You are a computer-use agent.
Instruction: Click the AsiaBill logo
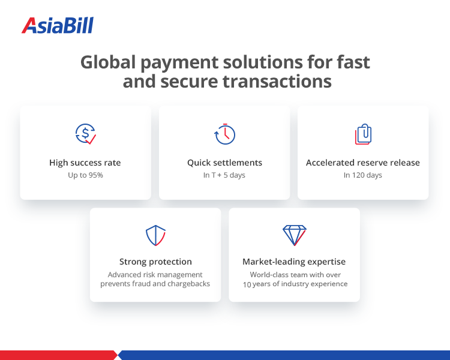tap(58, 25)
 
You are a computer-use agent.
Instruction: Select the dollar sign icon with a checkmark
tap(85, 134)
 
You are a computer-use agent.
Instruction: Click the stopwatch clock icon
tap(224, 134)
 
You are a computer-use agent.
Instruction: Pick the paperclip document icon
tap(363, 134)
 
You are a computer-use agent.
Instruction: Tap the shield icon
tap(155, 235)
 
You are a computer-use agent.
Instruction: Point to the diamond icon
tap(294, 235)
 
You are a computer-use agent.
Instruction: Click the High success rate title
tap(85, 163)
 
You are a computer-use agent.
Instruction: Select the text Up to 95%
tap(85, 175)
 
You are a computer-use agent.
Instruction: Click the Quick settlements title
tap(224, 163)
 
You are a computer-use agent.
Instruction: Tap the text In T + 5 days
tap(224, 175)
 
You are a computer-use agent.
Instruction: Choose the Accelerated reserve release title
tap(363, 163)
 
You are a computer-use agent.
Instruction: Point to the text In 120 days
tap(363, 175)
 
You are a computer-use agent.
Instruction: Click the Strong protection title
tap(155, 262)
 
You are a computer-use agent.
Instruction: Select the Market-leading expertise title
tap(294, 262)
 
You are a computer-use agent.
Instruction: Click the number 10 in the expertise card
tap(247, 284)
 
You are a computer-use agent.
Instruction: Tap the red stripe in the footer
tap(57, 355)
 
